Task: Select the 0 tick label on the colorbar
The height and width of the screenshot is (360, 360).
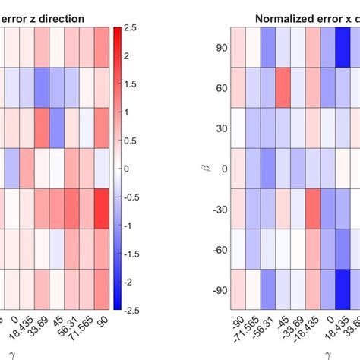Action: (127, 169)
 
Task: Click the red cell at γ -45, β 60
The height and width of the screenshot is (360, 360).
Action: (283, 87)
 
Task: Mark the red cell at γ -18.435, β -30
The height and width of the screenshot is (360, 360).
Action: (313, 208)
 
